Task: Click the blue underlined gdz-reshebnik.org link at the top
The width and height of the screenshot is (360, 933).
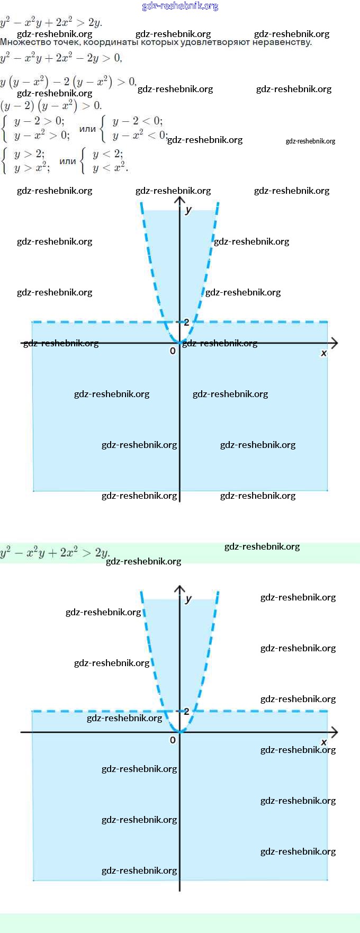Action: pyautogui.click(x=180, y=6)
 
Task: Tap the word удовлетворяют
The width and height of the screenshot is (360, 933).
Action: pyautogui.click(x=215, y=42)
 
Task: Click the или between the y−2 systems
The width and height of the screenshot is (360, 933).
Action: pyautogui.click(x=87, y=129)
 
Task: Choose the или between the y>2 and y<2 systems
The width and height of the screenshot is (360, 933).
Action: pyautogui.click(x=67, y=161)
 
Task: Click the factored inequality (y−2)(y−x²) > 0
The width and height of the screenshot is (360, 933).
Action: pyautogui.click(x=51, y=105)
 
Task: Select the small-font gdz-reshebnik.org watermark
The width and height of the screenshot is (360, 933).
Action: pyautogui.click(x=310, y=141)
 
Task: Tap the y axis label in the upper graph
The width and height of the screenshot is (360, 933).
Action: pyautogui.click(x=188, y=210)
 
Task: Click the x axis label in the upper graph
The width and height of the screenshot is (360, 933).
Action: pyautogui.click(x=324, y=353)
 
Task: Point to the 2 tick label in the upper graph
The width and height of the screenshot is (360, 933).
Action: pyautogui.click(x=186, y=322)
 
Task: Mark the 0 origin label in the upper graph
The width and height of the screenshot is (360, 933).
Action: pyautogui.click(x=173, y=351)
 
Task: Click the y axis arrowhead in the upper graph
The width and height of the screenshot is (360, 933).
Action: pyautogui.click(x=180, y=200)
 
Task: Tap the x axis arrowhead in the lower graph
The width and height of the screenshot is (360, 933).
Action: pyautogui.click(x=335, y=732)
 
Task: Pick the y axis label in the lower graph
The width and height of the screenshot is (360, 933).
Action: pyautogui.click(x=188, y=599)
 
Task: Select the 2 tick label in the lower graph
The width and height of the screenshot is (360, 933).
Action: pyautogui.click(x=186, y=711)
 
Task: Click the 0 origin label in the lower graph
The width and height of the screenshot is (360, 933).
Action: pyautogui.click(x=173, y=740)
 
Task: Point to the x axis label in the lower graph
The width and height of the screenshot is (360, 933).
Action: pyautogui.click(x=324, y=742)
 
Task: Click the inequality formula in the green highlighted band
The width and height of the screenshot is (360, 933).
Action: pyautogui.click(x=55, y=553)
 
